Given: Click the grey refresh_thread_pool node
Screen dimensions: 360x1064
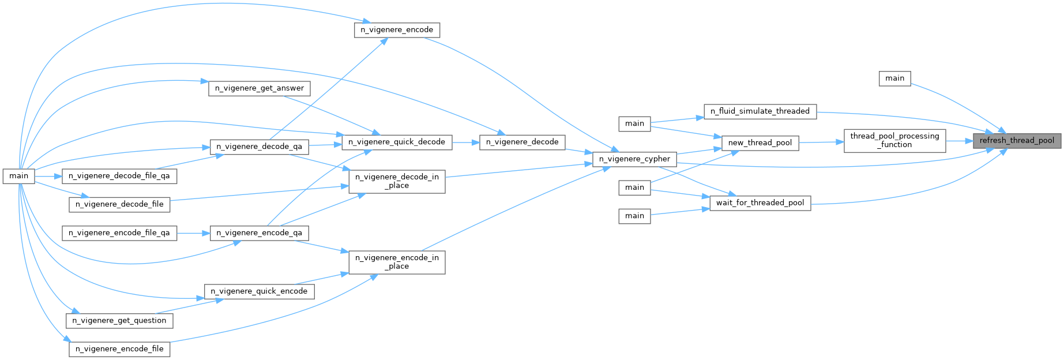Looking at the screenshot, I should click(x=1017, y=141).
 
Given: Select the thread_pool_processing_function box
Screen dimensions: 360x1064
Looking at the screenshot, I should click(x=894, y=141).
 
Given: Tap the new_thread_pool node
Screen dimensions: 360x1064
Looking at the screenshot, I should click(x=760, y=143).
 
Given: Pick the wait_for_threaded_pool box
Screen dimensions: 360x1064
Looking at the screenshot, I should click(x=760, y=203).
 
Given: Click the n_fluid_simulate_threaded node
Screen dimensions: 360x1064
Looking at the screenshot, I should click(x=760, y=111).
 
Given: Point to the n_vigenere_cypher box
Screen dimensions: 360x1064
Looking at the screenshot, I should click(x=634, y=159).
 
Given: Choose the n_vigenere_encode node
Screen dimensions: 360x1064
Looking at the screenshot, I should click(x=397, y=30).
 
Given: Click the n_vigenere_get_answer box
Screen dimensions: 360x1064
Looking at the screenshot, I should click(x=259, y=88).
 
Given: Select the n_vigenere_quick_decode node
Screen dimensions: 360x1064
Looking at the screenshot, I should click(x=397, y=142).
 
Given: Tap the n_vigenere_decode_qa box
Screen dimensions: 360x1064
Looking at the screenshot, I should click(x=259, y=147).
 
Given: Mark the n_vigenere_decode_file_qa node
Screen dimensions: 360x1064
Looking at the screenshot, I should click(x=119, y=176).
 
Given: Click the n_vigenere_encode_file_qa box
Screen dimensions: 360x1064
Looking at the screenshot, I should click(x=119, y=233).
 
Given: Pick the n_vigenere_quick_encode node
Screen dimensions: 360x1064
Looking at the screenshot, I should click(x=259, y=291).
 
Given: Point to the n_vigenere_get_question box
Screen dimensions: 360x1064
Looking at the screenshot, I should click(x=119, y=321).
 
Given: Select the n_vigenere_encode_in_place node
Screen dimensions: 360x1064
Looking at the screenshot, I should click(x=397, y=262).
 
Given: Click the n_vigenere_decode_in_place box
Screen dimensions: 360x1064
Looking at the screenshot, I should click(x=397, y=181).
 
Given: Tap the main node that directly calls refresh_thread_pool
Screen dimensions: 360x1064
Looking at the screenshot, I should click(x=894, y=78).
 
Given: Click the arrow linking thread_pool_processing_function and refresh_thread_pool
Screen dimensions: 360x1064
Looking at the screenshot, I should click(x=959, y=141).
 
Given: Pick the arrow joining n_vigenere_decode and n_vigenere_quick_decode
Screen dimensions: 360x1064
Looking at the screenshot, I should click(x=465, y=142).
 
